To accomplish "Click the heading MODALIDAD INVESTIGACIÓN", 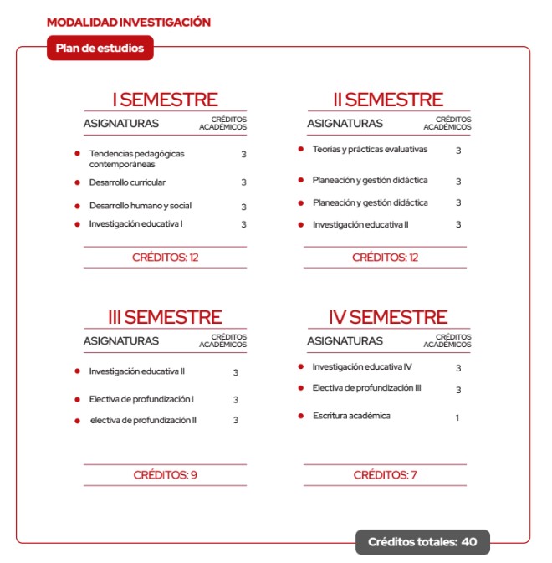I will pyautogui.click(x=128, y=23).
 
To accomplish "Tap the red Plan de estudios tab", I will pyautogui.click(x=100, y=49).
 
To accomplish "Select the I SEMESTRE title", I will pyautogui.click(x=165, y=100).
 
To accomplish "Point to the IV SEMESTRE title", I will pyautogui.click(x=387, y=318).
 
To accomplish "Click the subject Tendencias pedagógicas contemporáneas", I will pyautogui.click(x=136, y=159).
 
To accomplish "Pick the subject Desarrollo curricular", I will pyautogui.click(x=127, y=182).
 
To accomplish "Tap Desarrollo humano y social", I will pyautogui.click(x=140, y=206).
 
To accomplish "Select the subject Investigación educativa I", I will pyautogui.click(x=135, y=224).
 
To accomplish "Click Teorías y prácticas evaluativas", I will pyautogui.click(x=370, y=150).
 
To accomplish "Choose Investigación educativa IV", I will pyautogui.click(x=362, y=367).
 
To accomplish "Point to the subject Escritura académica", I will pyautogui.click(x=351, y=416).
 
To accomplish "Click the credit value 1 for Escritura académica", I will pyautogui.click(x=457, y=417).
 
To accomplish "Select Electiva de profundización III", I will pyautogui.click(x=366, y=388).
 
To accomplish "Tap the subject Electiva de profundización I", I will pyautogui.click(x=141, y=400).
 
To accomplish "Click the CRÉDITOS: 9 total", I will pyautogui.click(x=165, y=475).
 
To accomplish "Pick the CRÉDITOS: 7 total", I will pyautogui.click(x=385, y=475).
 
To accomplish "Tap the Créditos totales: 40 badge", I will pyautogui.click(x=422, y=542).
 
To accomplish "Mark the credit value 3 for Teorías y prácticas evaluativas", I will pyautogui.click(x=458, y=151).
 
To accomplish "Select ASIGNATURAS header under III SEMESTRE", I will pyautogui.click(x=120, y=341).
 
